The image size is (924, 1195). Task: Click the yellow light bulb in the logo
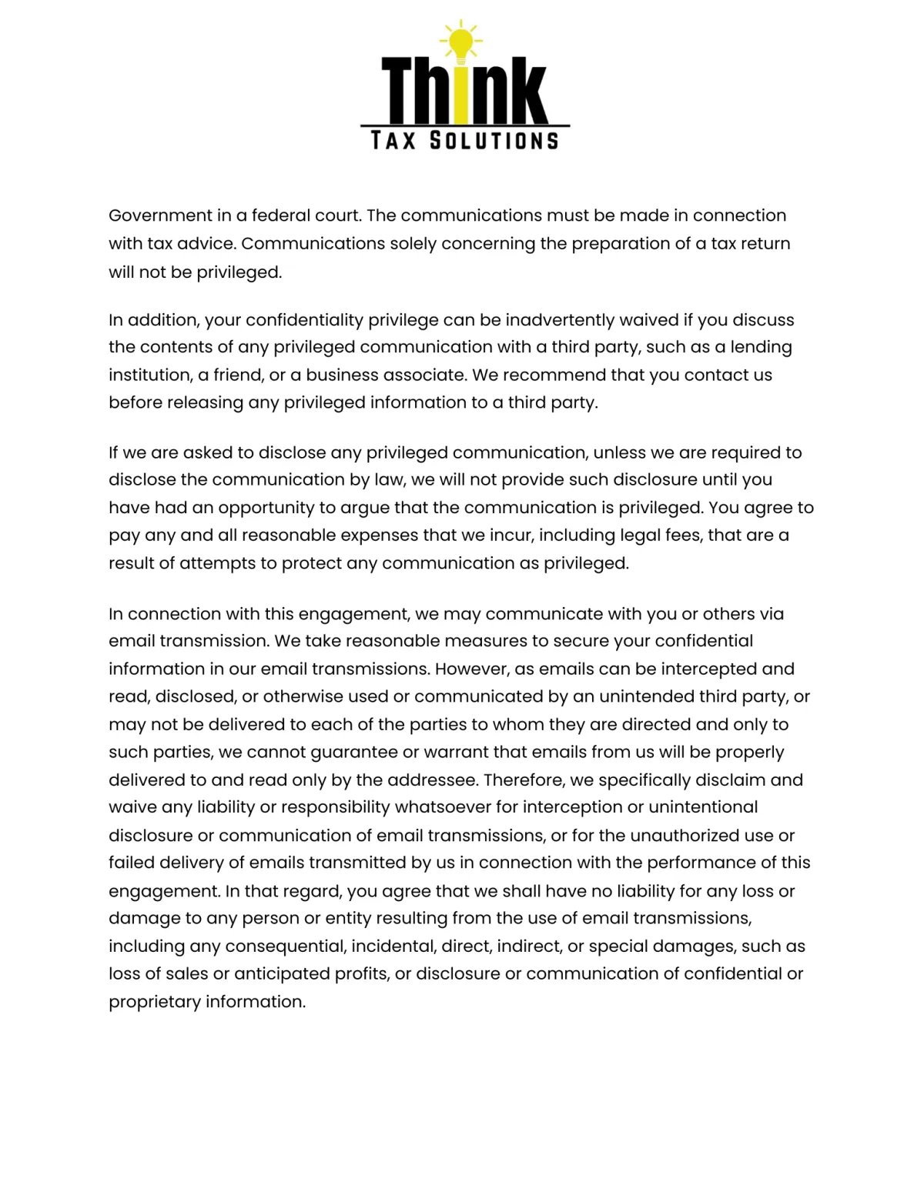coord(460,42)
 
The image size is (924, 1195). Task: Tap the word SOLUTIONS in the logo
coord(494,141)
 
